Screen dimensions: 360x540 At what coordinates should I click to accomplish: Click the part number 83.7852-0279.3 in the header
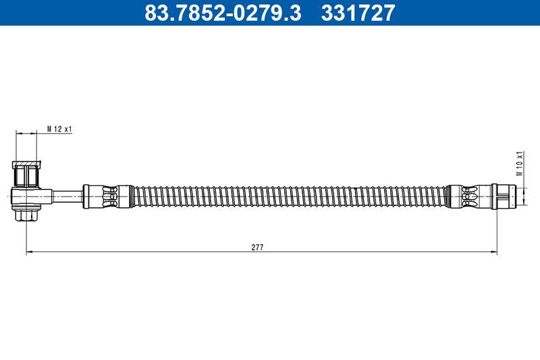(223, 12)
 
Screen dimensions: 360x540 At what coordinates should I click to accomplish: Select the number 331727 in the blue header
(354, 12)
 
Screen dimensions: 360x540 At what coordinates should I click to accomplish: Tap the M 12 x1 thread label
(59, 128)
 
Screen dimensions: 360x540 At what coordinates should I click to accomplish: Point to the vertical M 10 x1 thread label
(519, 163)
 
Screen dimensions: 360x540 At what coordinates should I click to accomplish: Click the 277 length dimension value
(257, 247)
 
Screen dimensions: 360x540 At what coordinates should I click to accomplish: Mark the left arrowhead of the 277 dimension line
(29, 253)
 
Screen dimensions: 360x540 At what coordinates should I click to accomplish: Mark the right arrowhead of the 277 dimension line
(495, 253)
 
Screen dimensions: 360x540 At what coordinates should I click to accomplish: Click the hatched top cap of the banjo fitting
(28, 163)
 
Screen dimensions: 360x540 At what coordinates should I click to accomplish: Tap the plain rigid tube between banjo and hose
(67, 195)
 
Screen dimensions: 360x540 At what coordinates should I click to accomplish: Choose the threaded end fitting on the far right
(506, 195)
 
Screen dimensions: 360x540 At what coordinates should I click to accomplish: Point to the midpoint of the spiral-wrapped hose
(287, 195)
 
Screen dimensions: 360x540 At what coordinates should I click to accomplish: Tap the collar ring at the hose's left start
(86, 195)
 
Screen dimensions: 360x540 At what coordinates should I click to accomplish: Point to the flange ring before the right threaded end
(495, 195)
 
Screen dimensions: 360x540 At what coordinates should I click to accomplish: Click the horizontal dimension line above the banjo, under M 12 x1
(27, 134)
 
